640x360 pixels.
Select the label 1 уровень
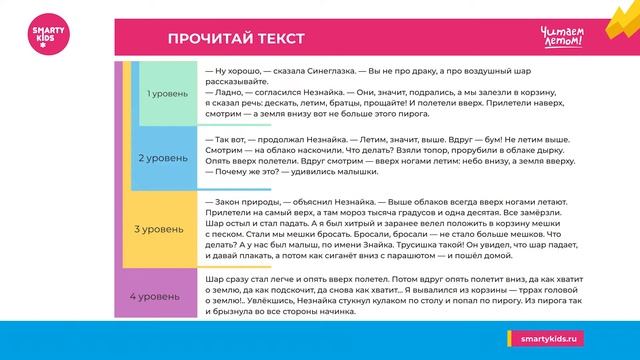[165, 93]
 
